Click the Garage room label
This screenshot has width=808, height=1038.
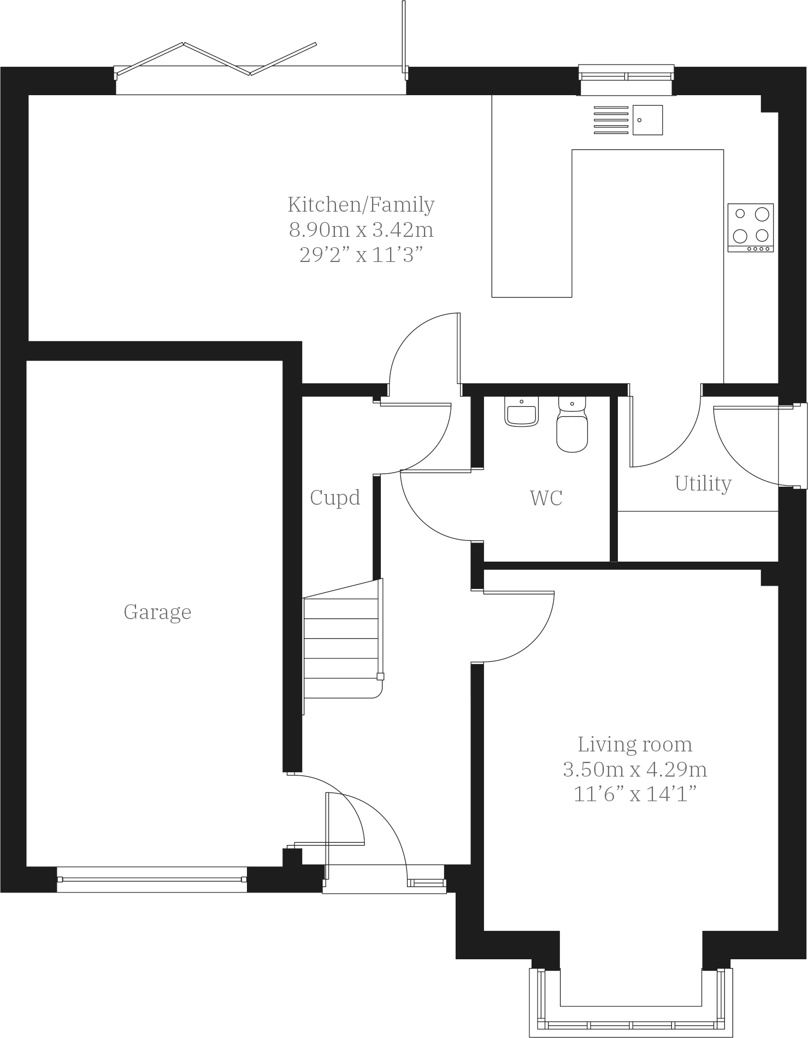click(x=157, y=612)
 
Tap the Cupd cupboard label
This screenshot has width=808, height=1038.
click(x=335, y=498)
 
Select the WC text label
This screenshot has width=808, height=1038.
click(x=546, y=498)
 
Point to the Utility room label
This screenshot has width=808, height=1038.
click(x=703, y=483)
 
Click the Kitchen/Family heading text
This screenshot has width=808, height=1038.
click(x=361, y=205)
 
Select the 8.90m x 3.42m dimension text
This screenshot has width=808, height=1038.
click(x=361, y=230)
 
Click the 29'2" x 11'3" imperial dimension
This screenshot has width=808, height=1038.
click(x=361, y=255)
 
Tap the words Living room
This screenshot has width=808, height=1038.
click(x=635, y=744)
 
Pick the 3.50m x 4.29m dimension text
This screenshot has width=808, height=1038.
click(x=635, y=769)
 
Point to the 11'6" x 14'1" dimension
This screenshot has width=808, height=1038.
click(x=635, y=794)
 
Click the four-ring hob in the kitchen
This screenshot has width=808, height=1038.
click(x=750, y=228)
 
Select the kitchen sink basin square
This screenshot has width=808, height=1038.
click(x=647, y=120)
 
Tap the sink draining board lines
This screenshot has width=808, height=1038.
click(x=611, y=120)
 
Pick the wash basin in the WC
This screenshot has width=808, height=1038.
click(x=522, y=412)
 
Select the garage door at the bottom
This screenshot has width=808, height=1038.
click(x=152, y=879)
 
